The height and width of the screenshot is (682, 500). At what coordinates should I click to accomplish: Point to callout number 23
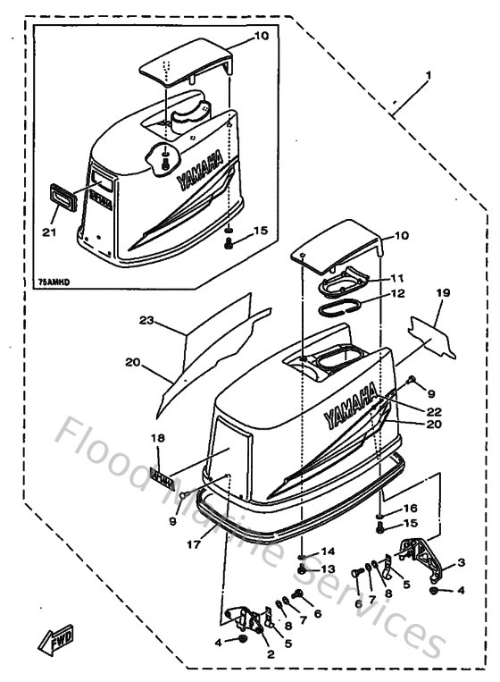[x=147, y=320]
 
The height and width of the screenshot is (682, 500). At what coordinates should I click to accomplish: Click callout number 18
[x=158, y=438]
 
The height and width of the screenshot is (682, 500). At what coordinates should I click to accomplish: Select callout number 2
[x=271, y=653]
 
